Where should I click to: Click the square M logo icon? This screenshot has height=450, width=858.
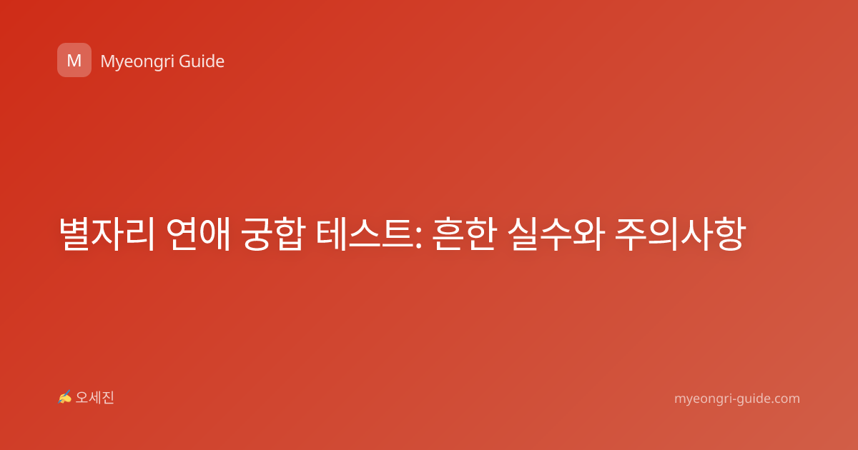[x=74, y=60]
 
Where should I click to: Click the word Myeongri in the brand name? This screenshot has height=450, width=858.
[x=137, y=62]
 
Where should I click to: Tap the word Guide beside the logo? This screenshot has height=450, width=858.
[x=202, y=61]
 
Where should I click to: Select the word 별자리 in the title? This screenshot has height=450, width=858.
[x=107, y=234]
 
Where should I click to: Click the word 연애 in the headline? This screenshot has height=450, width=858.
[x=198, y=234]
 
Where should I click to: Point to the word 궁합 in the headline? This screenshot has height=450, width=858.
[x=273, y=234]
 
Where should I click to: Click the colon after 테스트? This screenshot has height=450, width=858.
[x=418, y=236]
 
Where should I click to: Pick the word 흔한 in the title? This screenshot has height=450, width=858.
[x=464, y=234]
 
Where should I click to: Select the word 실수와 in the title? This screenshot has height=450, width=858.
[x=556, y=234]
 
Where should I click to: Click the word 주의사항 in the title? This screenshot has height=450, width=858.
[x=680, y=234]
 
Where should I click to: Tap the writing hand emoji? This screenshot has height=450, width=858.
[x=64, y=397]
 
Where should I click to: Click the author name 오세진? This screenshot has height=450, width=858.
[x=94, y=398]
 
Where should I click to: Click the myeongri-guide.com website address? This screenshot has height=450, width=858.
[x=737, y=399]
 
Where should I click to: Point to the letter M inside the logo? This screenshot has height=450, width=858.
[x=74, y=61]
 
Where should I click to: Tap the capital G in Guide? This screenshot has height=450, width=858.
[x=184, y=61]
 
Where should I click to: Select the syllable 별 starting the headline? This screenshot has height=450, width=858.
[x=74, y=234]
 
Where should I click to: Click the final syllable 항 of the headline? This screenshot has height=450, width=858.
[x=730, y=234]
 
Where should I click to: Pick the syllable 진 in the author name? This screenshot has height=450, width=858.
[x=108, y=398]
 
